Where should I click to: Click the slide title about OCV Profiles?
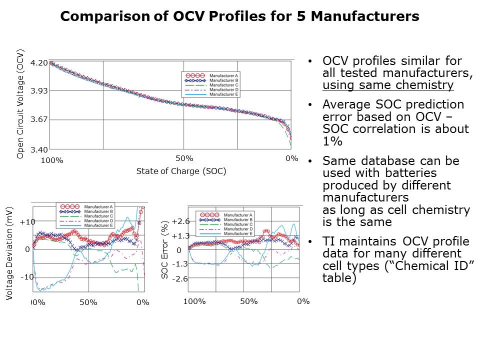(x=239, y=16)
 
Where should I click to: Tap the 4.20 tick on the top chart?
(x=39, y=63)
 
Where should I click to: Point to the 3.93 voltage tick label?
(x=39, y=91)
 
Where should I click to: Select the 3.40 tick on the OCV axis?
(x=39, y=149)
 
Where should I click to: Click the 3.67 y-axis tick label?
(x=39, y=119)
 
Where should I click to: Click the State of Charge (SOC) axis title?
(x=181, y=171)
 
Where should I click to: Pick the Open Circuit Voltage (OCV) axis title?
(x=20, y=104)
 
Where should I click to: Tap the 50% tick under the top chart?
(x=184, y=158)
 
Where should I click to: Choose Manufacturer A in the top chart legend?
(x=223, y=75)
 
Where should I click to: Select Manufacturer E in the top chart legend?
(x=223, y=94)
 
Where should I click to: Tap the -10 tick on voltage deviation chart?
(x=26, y=276)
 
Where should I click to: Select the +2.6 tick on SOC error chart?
(x=180, y=221)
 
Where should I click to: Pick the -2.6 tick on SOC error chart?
(x=180, y=279)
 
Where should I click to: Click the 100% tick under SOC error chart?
(x=194, y=301)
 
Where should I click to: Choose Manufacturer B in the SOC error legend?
(x=237, y=220)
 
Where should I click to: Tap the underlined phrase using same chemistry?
(x=388, y=85)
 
